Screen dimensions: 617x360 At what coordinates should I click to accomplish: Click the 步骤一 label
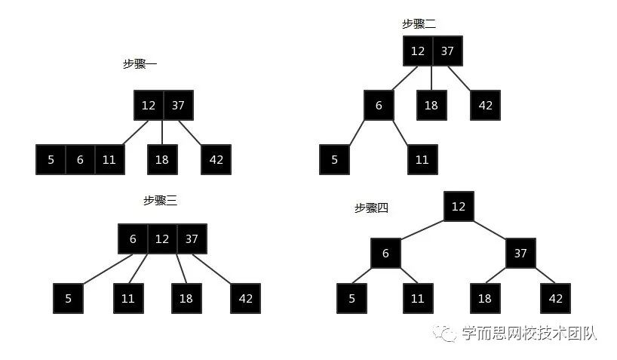pos(140,64)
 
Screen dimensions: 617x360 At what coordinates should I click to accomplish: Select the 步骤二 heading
pos(419,24)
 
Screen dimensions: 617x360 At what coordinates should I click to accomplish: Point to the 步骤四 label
pos(371,208)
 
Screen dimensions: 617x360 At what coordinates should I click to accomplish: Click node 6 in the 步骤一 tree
pos(80,159)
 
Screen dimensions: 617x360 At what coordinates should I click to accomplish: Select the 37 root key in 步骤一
pos(178,105)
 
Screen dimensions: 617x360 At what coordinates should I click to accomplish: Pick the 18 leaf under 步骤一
pos(162,159)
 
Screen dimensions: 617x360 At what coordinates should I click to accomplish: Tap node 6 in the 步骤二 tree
pos(379,105)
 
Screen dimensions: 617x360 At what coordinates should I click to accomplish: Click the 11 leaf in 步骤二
pos(422,159)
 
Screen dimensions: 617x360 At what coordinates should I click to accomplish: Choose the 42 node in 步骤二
pos(485,105)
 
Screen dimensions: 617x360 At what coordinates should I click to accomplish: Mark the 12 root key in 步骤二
pos(417,51)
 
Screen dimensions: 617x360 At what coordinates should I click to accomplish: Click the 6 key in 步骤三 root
pos(133,239)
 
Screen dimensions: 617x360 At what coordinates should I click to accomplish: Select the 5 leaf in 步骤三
pos(68,298)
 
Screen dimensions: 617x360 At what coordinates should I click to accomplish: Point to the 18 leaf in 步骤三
pos(186,298)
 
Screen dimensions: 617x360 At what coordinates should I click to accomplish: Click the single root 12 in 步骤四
pos(459,206)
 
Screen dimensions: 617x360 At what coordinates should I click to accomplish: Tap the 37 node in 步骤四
pos(520,253)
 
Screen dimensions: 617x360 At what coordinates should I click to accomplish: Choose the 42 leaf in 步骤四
pos(556,298)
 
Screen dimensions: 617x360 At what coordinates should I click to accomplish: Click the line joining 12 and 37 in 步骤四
pos(490,229)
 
